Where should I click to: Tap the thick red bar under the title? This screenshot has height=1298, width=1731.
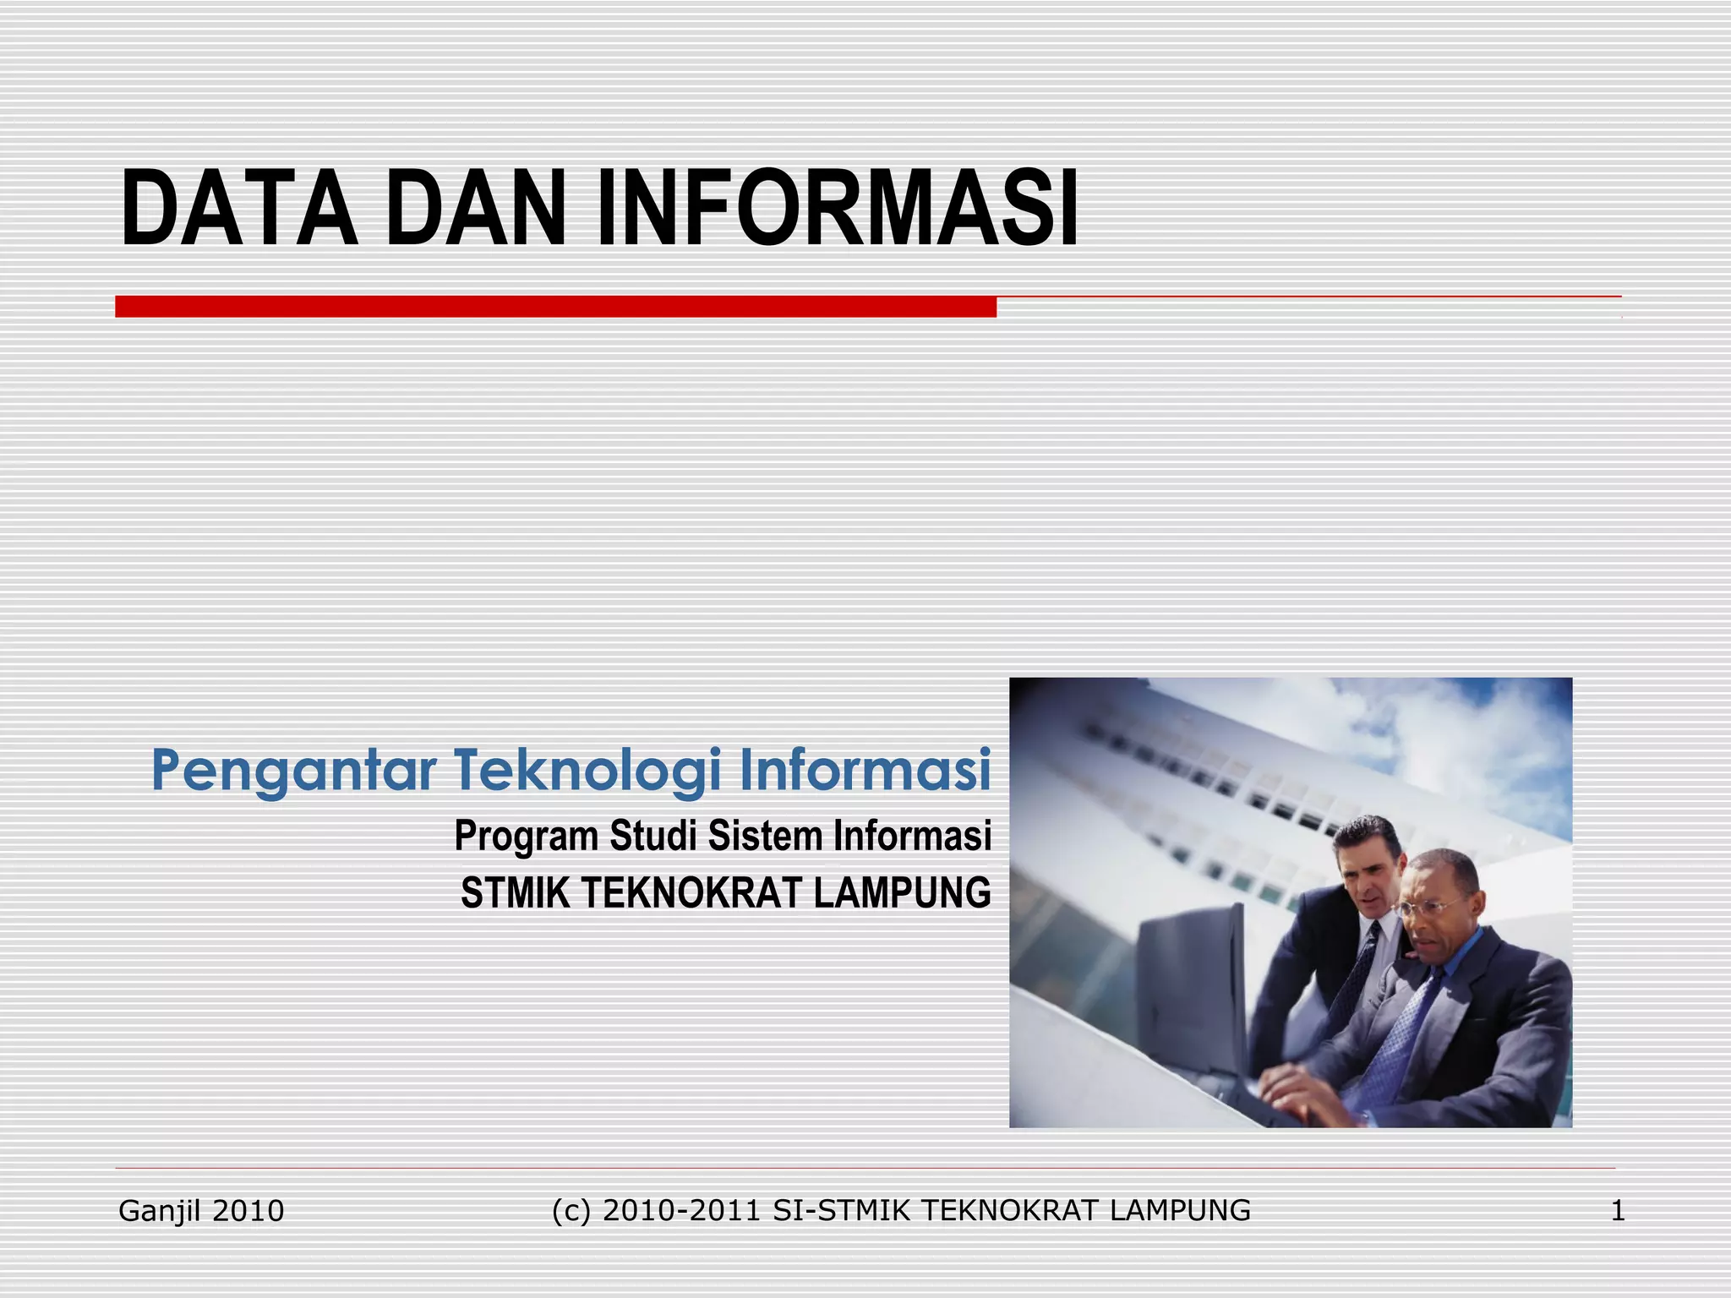pyautogui.click(x=555, y=307)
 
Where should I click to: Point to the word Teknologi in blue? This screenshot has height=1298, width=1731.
pyautogui.click(x=588, y=771)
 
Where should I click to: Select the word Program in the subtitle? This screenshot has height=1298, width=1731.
pyautogui.click(x=527, y=837)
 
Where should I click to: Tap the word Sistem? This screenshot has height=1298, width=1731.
pyautogui.click(x=765, y=836)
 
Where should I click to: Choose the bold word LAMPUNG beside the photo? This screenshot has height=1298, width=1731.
pyautogui.click(x=902, y=893)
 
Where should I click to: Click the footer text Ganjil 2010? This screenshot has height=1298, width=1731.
pyautogui.click(x=201, y=1211)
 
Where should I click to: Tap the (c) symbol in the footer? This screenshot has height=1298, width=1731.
pyautogui.click(x=571, y=1211)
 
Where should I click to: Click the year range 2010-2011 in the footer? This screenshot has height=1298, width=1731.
pyautogui.click(x=682, y=1211)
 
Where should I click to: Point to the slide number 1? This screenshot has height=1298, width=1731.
pyautogui.click(x=1617, y=1211)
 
